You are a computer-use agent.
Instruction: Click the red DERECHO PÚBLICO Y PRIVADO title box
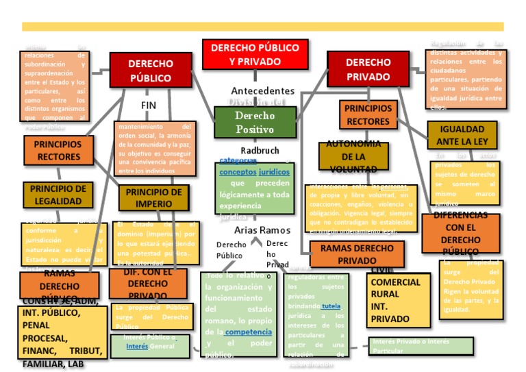tap(255, 55)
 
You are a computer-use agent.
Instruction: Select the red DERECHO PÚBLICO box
tap(151, 70)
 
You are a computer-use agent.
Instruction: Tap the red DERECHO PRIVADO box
tap(368, 69)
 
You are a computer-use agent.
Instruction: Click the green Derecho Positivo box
tap(255, 123)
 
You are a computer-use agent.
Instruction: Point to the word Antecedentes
tap(262, 90)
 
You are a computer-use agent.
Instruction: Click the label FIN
tap(149, 106)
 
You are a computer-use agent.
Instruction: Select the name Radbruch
tap(261, 150)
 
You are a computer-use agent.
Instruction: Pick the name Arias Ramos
tap(262, 230)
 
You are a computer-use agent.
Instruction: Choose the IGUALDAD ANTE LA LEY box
tap(462, 135)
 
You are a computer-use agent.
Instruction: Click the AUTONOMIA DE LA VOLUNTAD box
tap(353, 156)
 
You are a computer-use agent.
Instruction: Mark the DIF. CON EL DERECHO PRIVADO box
tap(148, 284)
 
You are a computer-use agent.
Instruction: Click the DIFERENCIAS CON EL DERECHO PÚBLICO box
tap(460, 233)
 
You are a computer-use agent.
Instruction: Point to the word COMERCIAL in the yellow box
tap(395, 282)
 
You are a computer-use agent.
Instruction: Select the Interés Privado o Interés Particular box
tap(421, 346)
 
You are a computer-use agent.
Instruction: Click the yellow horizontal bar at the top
tap(262, 27)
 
